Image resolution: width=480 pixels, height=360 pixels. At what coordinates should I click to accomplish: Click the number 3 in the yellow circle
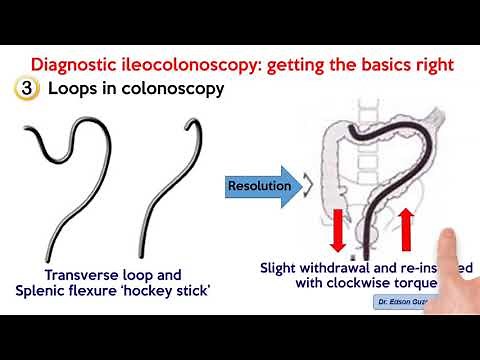tap(23, 88)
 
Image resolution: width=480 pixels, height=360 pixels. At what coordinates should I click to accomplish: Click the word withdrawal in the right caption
tap(338, 268)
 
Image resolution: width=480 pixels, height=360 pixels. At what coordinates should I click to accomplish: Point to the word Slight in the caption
tap(280, 268)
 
